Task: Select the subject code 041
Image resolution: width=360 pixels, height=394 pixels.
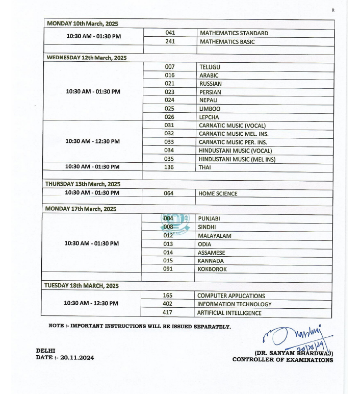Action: click(x=170, y=33)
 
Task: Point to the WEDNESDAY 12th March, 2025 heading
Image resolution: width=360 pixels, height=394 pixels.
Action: click(x=87, y=58)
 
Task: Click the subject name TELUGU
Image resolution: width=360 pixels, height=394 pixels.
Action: click(x=210, y=67)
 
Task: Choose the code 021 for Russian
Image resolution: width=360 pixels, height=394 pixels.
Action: click(x=170, y=84)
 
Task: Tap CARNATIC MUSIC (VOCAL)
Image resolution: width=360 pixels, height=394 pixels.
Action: click(x=232, y=126)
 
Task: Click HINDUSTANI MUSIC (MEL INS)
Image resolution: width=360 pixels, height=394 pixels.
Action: click(x=237, y=159)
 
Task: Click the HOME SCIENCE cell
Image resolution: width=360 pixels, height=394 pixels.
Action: click(x=218, y=194)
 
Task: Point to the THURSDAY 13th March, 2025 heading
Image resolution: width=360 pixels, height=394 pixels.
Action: click(x=83, y=184)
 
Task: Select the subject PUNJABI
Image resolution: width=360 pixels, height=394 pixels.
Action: click(x=209, y=219)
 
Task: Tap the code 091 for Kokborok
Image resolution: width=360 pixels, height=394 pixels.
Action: click(x=168, y=269)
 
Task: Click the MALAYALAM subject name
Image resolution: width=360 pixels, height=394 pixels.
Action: click(x=215, y=236)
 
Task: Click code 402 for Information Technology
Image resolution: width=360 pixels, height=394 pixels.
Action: click(x=168, y=304)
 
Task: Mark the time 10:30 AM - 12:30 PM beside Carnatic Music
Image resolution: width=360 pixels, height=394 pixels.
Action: click(x=93, y=141)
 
